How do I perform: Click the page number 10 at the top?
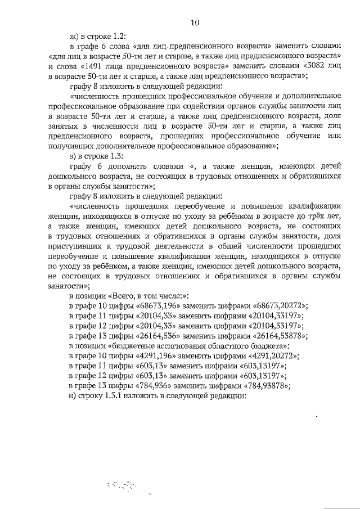(x=195, y=22)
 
